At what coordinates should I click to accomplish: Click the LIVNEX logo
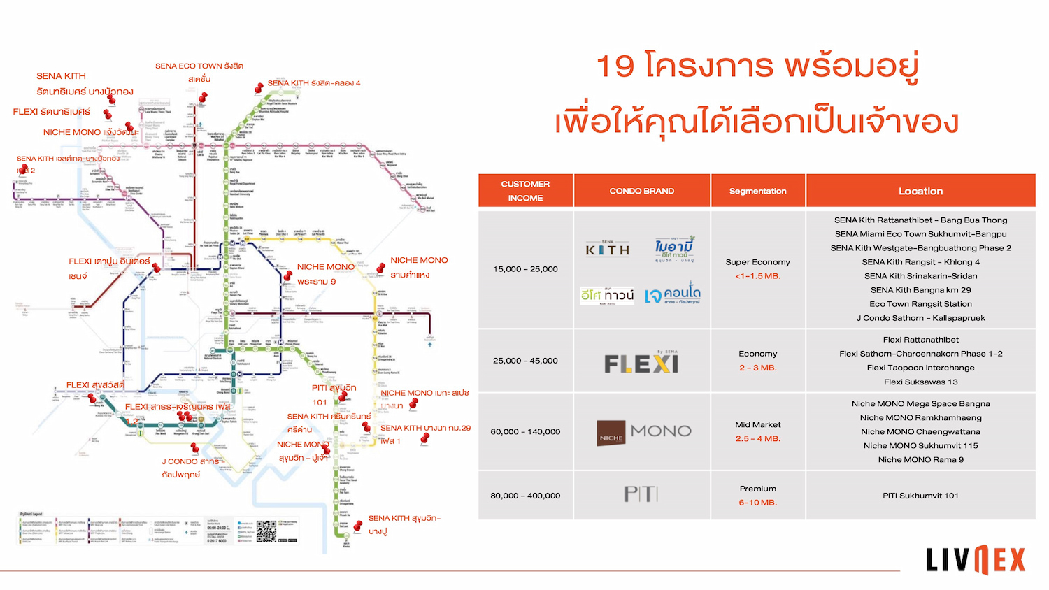976,559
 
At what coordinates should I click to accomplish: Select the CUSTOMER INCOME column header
525,191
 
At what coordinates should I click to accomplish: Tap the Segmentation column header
757,191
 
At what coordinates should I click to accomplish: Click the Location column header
920,191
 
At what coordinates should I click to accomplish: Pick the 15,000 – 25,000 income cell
525,269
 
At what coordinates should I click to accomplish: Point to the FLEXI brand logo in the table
641,363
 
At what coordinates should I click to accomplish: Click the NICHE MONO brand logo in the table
644,432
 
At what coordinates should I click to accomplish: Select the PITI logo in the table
641,495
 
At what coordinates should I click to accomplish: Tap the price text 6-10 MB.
757,503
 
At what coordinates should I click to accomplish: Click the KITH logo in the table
608,249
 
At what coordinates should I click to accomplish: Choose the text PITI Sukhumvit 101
920,496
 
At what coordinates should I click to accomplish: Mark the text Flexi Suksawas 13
920,382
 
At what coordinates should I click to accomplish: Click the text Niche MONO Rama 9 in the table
920,459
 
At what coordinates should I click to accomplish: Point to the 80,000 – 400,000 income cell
525,496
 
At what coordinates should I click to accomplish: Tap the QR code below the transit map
266,531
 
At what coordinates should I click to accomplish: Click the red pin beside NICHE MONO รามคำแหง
381,268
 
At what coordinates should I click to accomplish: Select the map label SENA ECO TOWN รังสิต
199,66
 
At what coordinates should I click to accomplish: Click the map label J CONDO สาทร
190,461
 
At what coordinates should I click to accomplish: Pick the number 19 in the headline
615,66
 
